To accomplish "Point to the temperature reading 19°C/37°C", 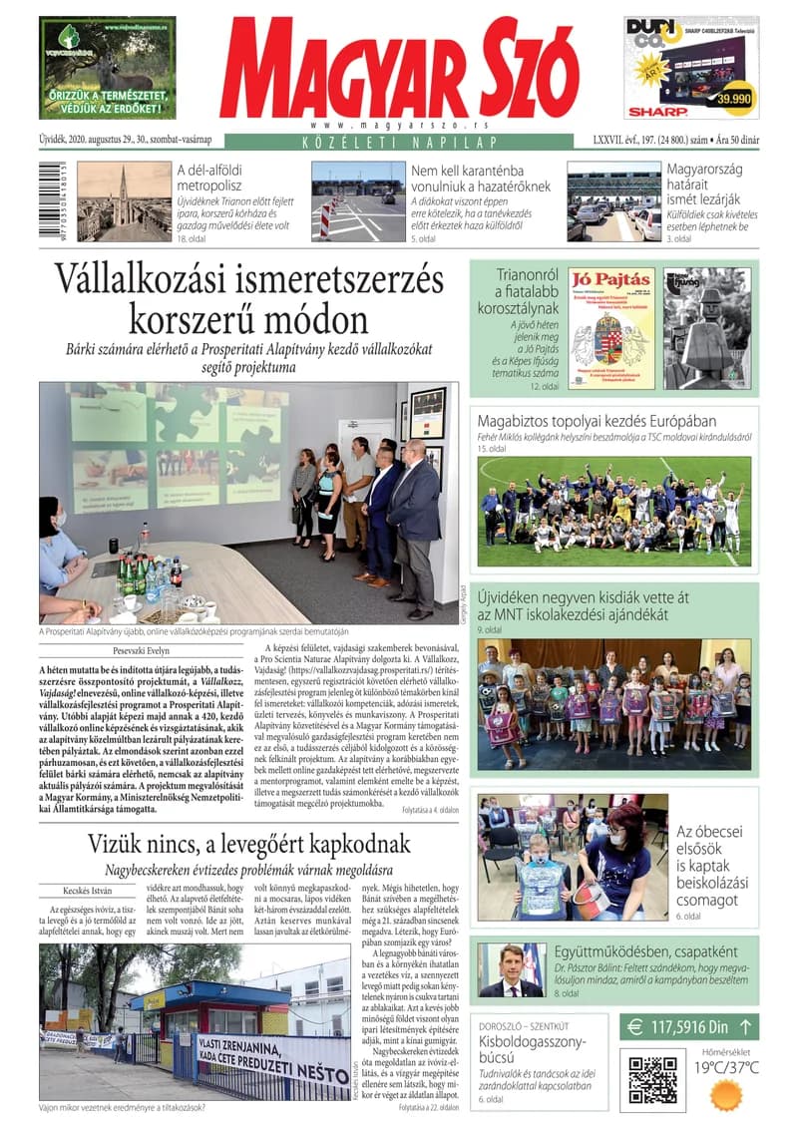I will pos(726,1067).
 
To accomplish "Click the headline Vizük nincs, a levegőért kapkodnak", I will pos(248,843).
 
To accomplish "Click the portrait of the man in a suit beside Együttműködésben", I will pos(511,970).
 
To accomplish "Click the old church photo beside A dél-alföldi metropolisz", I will pos(124,200).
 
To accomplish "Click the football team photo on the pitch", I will pos(613,512).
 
